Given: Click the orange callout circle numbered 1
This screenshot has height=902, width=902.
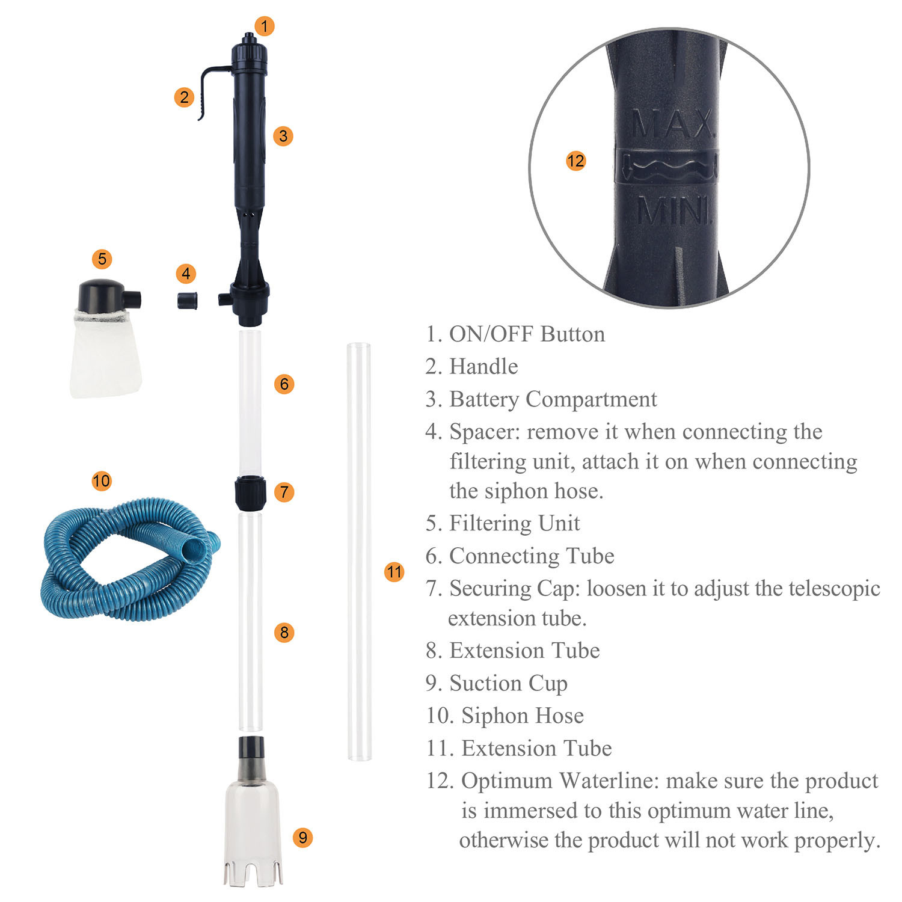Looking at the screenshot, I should (x=265, y=26).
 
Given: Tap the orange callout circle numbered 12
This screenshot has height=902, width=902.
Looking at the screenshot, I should (x=575, y=161).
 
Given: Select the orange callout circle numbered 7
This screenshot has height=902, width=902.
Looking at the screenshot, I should (x=284, y=492).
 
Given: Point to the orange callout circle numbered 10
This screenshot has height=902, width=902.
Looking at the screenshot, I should (x=102, y=480).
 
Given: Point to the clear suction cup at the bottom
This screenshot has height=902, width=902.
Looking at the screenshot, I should (x=251, y=824).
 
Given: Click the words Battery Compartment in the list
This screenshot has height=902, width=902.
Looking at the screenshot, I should (x=553, y=399).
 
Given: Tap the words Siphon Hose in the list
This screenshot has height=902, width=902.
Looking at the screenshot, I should (x=522, y=716).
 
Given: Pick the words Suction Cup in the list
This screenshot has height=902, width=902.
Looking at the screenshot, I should (x=508, y=683).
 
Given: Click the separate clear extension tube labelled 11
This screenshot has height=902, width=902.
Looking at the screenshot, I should (x=359, y=550).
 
